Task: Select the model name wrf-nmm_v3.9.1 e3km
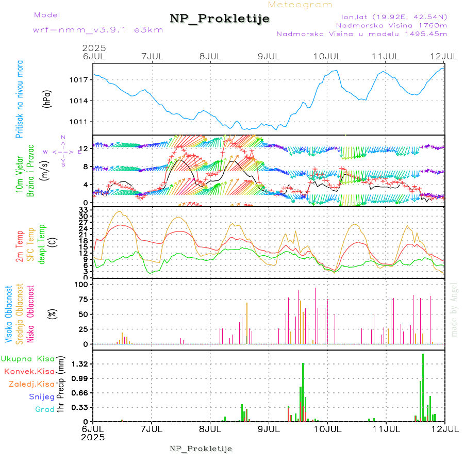pos(98,30)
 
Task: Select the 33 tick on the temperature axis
pos(86,211)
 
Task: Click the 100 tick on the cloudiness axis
pos(82,285)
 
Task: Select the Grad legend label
pos(45,410)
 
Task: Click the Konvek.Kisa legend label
pos(29,371)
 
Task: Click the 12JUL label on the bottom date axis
pos(444,429)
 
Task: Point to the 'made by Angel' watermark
pos(454,309)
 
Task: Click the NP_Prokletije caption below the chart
pos(201,449)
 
